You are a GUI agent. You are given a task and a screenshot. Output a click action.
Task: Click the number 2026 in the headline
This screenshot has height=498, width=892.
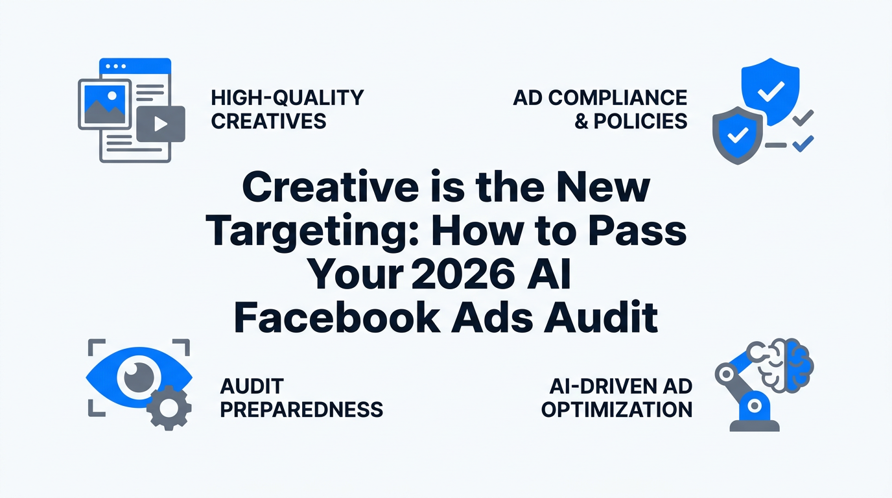462,274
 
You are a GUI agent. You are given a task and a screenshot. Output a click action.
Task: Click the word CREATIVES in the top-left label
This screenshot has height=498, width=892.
268,121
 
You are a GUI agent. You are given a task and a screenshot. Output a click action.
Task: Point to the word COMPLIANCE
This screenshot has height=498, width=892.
618,98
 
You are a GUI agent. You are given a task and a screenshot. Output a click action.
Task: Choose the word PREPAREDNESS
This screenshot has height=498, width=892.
301,410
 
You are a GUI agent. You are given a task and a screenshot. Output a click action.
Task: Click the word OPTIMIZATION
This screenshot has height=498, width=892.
617,410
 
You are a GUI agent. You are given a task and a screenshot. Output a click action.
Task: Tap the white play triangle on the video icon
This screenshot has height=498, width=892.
160,124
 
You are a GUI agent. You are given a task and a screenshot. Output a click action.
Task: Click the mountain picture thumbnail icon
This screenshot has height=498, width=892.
105,104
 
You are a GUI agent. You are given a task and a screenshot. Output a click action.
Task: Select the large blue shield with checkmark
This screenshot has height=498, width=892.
771,91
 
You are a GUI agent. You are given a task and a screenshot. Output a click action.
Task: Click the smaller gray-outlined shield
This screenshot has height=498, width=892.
738,136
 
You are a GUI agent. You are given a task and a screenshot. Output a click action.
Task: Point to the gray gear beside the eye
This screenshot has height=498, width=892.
169,408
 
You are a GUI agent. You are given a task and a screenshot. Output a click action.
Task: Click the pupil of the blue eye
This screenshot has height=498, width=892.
139,377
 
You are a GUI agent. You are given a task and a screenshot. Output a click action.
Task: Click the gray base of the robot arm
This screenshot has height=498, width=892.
754,425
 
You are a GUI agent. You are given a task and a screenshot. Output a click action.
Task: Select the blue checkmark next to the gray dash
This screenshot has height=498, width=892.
803,144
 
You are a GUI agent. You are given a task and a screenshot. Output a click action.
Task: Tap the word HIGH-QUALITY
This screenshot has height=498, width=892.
288,98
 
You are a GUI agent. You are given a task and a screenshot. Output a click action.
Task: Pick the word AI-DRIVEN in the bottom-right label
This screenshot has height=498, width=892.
602,386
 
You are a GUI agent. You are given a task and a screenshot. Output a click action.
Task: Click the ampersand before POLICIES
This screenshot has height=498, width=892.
581,121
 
